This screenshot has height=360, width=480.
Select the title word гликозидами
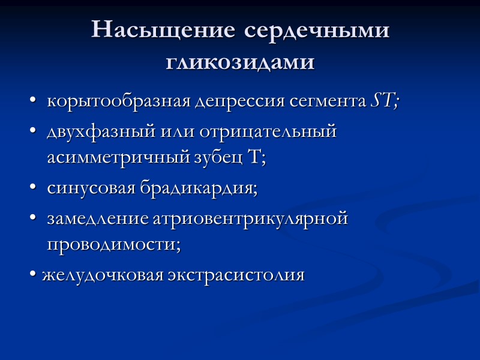(240, 62)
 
